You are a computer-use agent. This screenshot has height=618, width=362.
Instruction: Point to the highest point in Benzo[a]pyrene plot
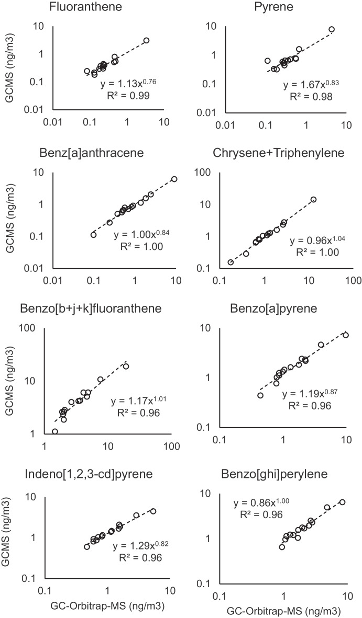coord(346,335)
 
